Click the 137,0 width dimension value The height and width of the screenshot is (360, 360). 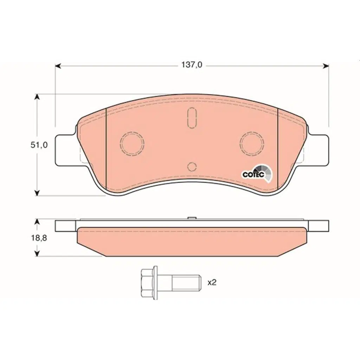pos(192,65)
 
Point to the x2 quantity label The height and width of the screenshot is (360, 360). pos(212,282)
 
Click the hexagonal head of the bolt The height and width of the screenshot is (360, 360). pos(148,283)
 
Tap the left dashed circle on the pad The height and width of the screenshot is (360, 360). pos(132,143)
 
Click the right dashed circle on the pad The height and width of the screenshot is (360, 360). pos(252,143)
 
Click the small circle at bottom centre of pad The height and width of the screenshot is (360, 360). pos(192,167)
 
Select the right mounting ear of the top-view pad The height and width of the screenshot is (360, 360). pos(319,150)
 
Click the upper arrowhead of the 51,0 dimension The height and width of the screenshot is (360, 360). pos(37,97)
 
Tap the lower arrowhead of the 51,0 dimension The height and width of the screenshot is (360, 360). pos(37,192)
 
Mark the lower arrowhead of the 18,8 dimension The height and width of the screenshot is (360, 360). pos(37,253)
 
